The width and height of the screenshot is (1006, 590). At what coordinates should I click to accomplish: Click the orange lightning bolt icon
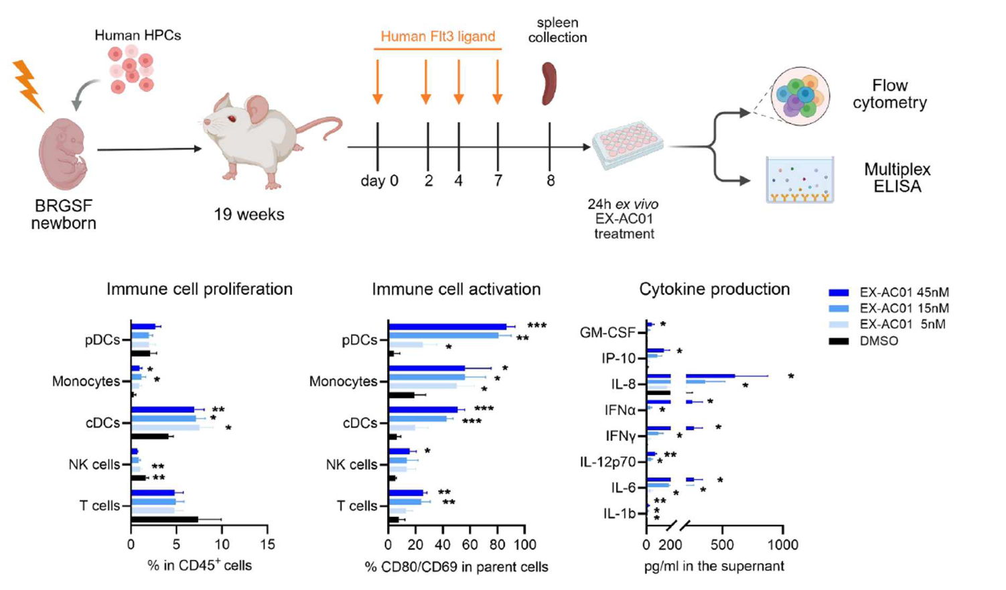(x=27, y=85)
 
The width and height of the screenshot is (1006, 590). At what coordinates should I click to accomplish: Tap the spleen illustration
(x=549, y=84)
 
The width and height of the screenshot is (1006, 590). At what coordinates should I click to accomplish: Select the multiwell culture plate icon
(x=628, y=145)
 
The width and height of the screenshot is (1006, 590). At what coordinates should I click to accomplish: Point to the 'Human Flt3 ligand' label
(x=437, y=37)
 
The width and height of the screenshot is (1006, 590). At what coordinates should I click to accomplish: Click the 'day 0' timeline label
(x=379, y=180)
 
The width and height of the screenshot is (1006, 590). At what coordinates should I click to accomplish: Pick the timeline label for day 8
(x=551, y=180)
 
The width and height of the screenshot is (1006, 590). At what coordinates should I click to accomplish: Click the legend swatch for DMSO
(x=839, y=341)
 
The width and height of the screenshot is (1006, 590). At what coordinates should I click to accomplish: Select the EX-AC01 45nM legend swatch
(x=839, y=293)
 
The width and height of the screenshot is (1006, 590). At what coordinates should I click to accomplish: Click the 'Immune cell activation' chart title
(x=456, y=289)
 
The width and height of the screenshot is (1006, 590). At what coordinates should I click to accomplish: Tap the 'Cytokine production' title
(x=714, y=289)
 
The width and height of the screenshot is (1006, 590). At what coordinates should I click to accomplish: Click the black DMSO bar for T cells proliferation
(x=165, y=520)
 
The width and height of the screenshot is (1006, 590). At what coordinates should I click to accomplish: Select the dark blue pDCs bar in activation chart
(x=447, y=327)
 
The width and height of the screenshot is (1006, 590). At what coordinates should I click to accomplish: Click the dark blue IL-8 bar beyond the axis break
(x=710, y=377)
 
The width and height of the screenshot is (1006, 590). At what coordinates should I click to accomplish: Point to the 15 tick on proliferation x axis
(x=267, y=544)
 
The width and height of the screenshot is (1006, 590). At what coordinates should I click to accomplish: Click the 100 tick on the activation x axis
(x=525, y=544)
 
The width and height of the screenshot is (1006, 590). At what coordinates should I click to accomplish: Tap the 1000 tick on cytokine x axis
(x=783, y=544)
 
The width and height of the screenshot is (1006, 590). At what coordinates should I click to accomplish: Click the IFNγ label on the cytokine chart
(x=620, y=436)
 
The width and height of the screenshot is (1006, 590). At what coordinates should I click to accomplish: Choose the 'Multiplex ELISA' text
(x=897, y=178)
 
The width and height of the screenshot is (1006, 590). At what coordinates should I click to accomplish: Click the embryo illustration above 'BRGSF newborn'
(x=63, y=155)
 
